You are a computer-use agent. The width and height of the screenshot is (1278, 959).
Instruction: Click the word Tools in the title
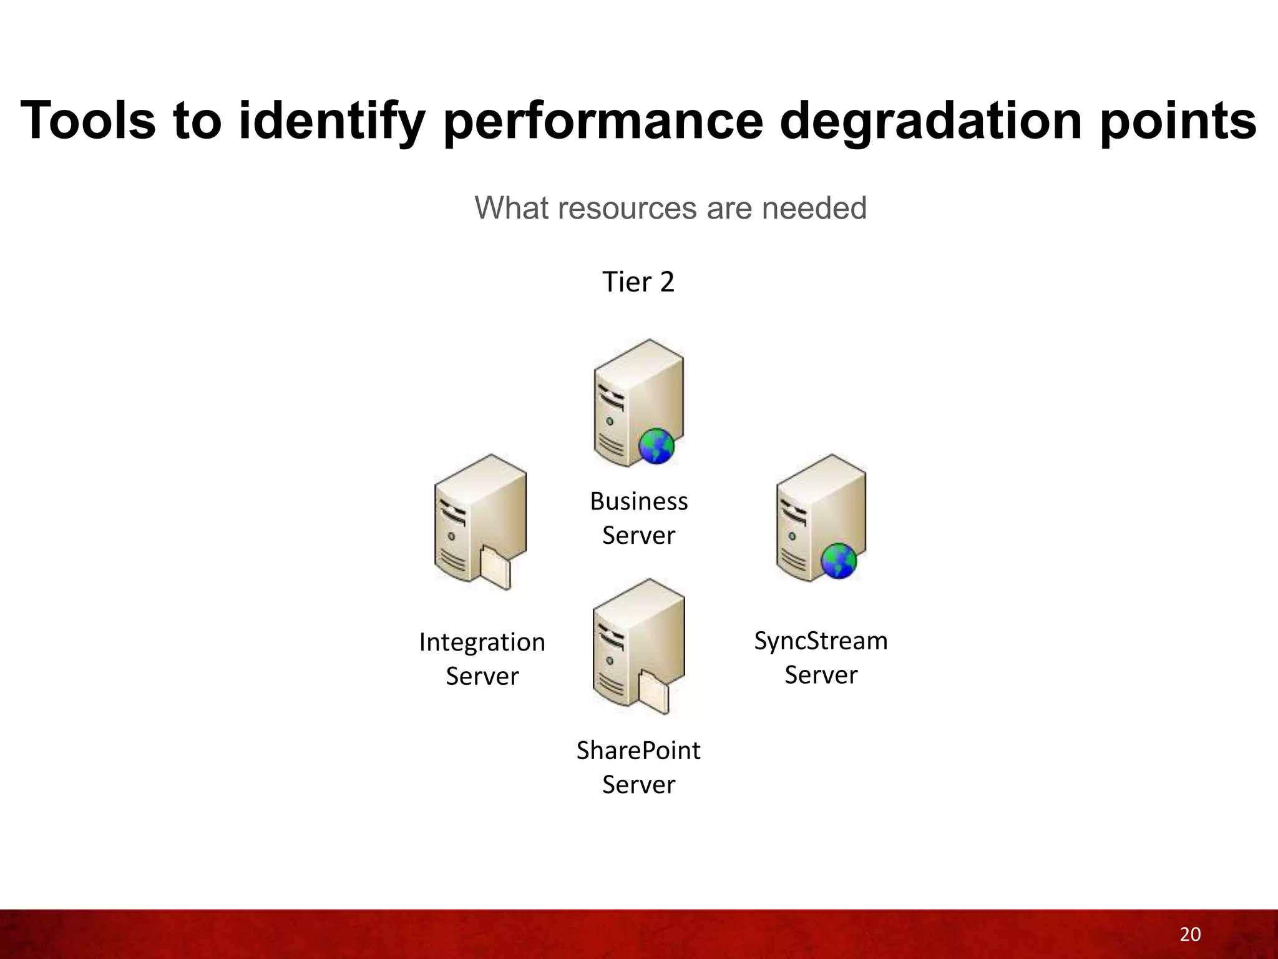[88, 120]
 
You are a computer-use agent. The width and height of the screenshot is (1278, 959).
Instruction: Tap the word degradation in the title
[930, 120]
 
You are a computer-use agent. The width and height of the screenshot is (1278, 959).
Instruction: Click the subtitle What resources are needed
[670, 208]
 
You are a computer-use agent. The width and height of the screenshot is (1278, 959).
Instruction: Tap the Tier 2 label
[638, 282]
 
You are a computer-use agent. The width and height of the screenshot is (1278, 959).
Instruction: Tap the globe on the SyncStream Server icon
[839, 561]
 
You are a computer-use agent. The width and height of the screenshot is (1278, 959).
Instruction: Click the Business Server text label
[638, 518]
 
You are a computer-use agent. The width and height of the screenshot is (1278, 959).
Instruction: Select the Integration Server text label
[482, 659]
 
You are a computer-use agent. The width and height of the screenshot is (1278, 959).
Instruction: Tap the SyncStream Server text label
[821, 657]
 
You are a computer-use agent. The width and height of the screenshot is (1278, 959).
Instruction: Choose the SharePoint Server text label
[638, 767]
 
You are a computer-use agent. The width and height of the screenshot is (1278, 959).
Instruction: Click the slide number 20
[1190, 934]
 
